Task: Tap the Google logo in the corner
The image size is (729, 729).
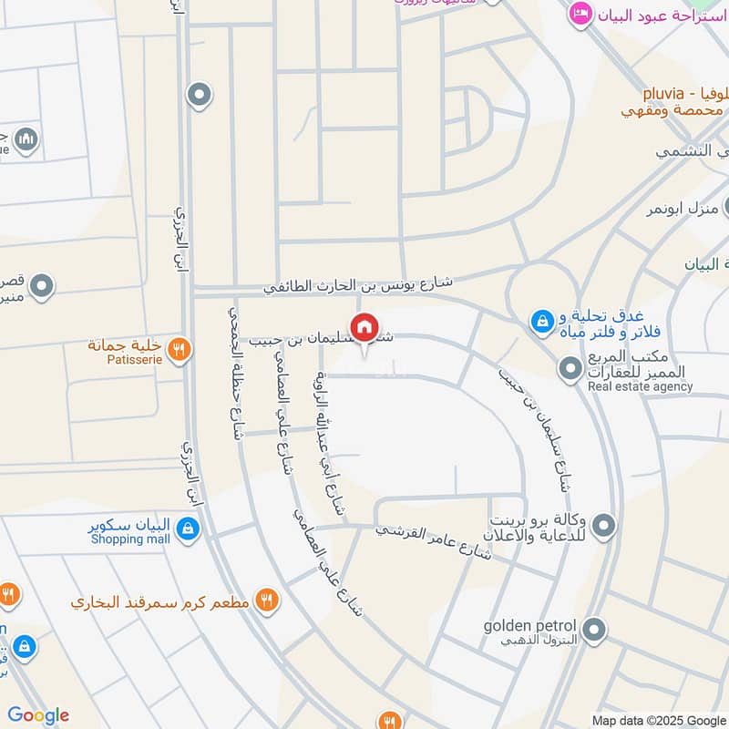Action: pos(37,715)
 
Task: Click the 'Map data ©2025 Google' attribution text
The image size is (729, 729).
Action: pos(661,719)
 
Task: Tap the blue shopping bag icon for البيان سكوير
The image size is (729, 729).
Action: pos(187,529)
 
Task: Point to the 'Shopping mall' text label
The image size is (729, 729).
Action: pos(130,539)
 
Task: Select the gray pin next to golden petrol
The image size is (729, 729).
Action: pos(594,629)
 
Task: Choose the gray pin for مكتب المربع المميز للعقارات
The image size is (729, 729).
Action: pos(570,368)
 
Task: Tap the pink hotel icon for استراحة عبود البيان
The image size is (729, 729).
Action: pos(579,13)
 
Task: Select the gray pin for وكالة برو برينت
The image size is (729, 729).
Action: pos(603,526)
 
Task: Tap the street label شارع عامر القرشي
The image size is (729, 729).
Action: pos(435,539)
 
